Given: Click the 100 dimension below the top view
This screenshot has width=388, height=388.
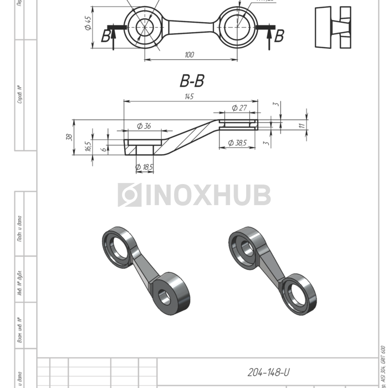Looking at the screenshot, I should (x=190, y=54).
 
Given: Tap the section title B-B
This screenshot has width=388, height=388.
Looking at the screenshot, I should (x=192, y=81).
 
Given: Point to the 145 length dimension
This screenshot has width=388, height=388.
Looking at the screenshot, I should (x=189, y=96).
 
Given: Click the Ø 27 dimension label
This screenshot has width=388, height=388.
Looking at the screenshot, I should (x=239, y=108).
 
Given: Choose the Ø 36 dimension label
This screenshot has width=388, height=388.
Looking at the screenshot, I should (x=143, y=126).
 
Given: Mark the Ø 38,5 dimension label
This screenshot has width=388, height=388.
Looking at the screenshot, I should (x=237, y=143).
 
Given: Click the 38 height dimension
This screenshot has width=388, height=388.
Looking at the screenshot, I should (x=70, y=137).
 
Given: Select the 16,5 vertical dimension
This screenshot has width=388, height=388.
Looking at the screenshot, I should (x=88, y=146).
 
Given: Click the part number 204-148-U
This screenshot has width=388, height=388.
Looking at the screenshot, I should (x=268, y=372).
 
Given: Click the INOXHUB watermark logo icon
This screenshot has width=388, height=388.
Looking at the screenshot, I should (x=129, y=195).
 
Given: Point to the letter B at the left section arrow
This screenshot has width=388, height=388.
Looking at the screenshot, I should (x=106, y=37).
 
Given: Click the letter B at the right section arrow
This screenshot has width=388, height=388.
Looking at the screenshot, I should (x=279, y=37).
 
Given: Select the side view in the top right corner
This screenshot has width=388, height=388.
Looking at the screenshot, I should (x=333, y=27).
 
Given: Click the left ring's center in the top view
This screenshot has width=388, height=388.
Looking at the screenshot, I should (x=145, y=27).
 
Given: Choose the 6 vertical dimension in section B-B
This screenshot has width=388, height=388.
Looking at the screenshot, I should (x=103, y=149).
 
